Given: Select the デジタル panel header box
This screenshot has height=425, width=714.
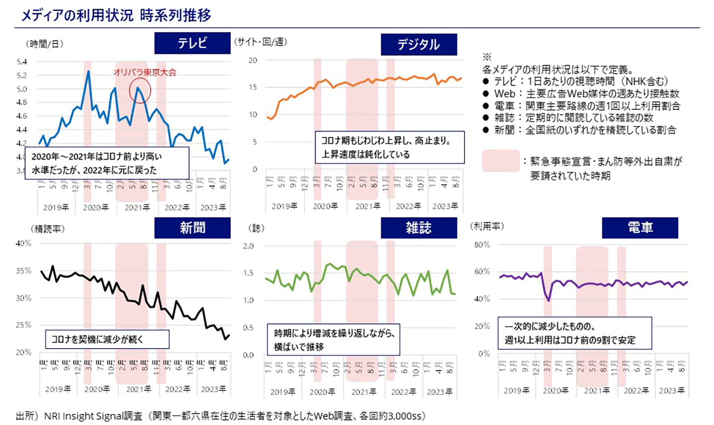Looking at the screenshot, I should (x=419, y=44).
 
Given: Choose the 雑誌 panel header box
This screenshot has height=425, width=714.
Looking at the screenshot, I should (x=419, y=228).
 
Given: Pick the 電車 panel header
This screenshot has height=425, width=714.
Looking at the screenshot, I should (x=640, y=228).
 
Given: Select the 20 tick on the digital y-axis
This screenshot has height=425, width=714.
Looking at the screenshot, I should (x=253, y=60).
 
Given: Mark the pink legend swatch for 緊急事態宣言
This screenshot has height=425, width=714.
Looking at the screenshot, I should (x=501, y=161).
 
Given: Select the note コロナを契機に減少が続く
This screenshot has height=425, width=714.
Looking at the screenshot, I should (x=107, y=339).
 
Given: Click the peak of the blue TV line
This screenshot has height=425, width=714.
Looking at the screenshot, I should (x=88, y=71).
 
